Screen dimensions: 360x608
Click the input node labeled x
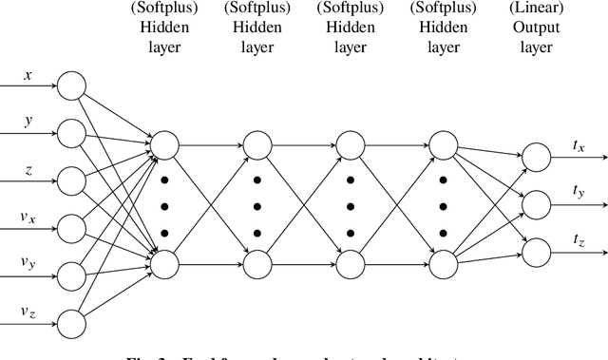[71, 85]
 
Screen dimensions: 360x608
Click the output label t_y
[579, 192]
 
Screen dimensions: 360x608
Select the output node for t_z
[536, 250]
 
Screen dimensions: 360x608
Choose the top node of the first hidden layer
[164, 145]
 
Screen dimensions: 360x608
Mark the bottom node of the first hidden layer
[164, 259]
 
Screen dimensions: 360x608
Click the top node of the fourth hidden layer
[442, 145]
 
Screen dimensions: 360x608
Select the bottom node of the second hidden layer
[256, 259]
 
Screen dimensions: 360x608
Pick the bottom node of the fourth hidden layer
[442, 259]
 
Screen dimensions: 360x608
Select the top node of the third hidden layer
[350, 145]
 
